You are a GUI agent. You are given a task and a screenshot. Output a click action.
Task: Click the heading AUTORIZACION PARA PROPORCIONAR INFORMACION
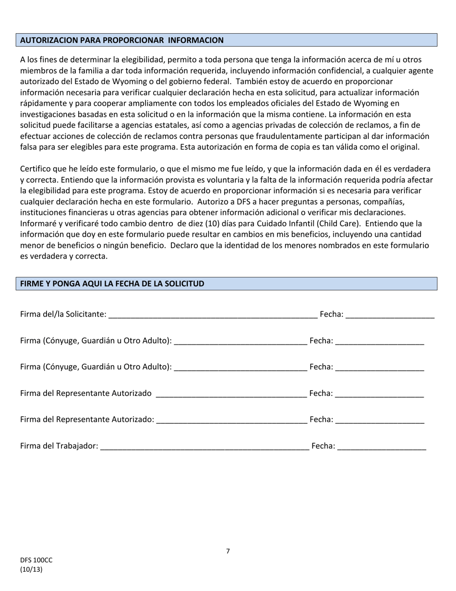click(x=122, y=40)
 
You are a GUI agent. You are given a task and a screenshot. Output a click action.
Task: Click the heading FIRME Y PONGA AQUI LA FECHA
click(x=112, y=284)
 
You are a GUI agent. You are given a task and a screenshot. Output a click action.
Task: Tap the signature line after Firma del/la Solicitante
click(x=213, y=315)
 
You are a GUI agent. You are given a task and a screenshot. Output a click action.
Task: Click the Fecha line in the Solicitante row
click(x=389, y=315)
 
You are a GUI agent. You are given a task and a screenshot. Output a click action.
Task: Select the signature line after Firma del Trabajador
click(x=205, y=447)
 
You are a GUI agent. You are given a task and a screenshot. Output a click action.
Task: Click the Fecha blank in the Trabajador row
click(x=382, y=447)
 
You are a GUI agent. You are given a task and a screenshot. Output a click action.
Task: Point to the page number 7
click(x=228, y=551)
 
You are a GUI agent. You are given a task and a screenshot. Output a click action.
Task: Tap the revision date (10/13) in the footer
click(x=31, y=569)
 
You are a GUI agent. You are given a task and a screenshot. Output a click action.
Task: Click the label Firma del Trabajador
click(x=59, y=446)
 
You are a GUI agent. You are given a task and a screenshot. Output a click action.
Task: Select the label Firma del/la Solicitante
click(x=63, y=314)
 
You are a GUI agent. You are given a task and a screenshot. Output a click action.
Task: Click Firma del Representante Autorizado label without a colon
click(x=85, y=394)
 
